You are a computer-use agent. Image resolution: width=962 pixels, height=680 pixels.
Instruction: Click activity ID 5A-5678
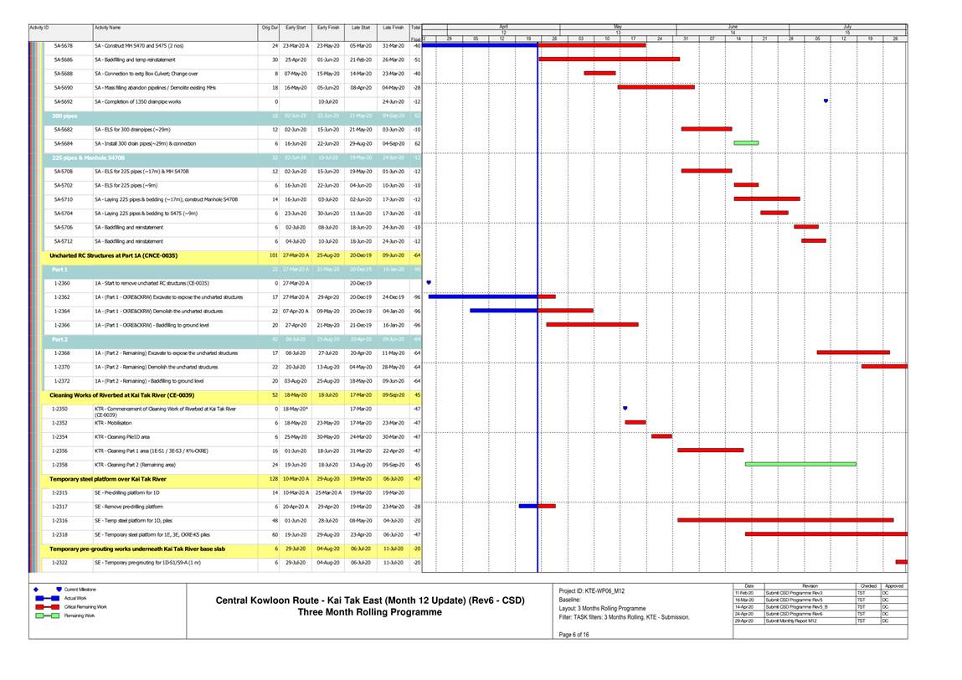click(x=63, y=45)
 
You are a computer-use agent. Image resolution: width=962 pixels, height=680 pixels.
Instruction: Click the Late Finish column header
click(x=393, y=28)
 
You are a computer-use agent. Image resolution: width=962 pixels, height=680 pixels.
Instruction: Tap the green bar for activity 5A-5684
click(x=746, y=143)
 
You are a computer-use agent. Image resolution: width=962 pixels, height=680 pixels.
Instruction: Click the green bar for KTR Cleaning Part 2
click(x=800, y=463)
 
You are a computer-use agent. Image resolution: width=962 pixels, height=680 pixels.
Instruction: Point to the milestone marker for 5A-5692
click(x=826, y=101)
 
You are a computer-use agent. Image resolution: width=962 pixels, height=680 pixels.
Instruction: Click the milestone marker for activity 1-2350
click(x=625, y=408)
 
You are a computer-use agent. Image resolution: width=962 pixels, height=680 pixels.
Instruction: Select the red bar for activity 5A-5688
click(x=599, y=73)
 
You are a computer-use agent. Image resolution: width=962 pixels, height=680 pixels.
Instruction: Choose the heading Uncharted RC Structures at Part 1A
click(x=113, y=255)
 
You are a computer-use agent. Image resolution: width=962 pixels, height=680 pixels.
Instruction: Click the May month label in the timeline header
click(x=618, y=27)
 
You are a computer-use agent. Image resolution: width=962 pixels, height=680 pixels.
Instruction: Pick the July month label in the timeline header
click(x=847, y=27)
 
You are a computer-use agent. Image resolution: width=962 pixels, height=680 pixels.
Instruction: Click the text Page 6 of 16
click(x=574, y=634)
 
